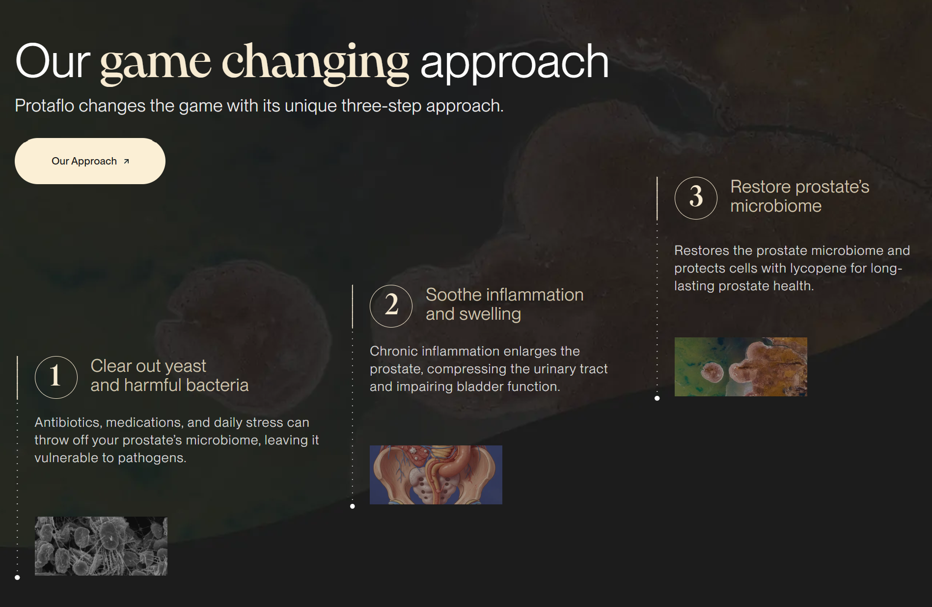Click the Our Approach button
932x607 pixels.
coord(90,161)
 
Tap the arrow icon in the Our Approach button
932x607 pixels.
coord(126,161)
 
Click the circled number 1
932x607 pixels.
coord(56,377)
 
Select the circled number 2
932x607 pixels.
coord(391,306)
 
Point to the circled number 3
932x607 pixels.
coord(696,198)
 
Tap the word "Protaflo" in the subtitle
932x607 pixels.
coord(44,106)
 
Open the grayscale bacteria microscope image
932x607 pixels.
coord(101,546)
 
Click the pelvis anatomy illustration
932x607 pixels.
coord(436,475)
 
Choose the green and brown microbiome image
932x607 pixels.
coord(741,367)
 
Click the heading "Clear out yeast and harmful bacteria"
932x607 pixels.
coord(169,376)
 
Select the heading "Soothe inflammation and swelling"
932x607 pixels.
coord(504,304)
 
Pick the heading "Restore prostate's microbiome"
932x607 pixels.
coord(800,196)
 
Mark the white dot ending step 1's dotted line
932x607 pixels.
coord(17,578)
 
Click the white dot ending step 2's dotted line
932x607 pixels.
coord(353,506)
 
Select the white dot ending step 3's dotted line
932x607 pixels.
coord(658,398)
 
